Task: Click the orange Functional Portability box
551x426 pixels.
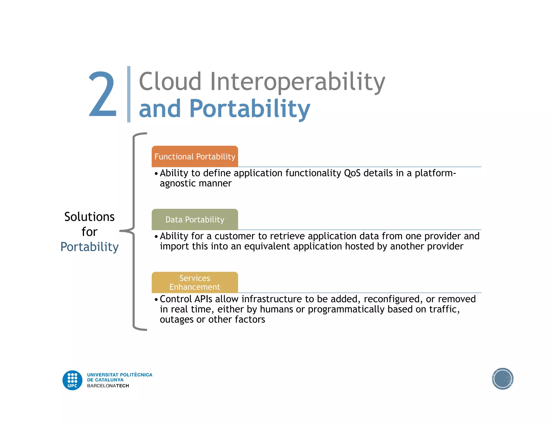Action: point(195,156)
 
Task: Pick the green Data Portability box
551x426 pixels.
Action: point(195,219)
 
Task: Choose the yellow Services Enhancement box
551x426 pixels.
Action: point(195,282)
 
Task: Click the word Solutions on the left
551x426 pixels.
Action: point(89,217)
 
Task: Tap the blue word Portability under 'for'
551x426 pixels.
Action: point(89,247)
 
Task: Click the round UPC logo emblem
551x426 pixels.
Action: point(72,380)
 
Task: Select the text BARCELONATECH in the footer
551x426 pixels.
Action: point(108,386)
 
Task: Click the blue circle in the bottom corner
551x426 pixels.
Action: point(502,379)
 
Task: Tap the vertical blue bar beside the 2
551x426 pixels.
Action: point(129,94)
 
